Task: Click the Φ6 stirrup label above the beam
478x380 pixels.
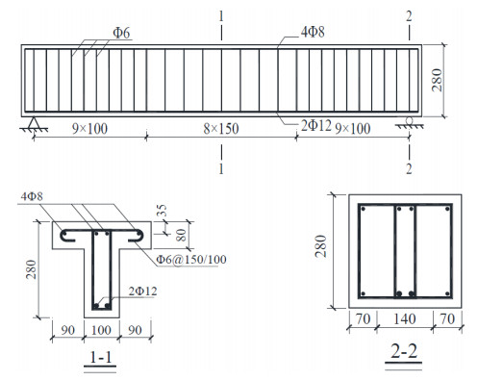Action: [x=121, y=33]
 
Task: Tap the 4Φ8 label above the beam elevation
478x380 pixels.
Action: [x=313, y=32]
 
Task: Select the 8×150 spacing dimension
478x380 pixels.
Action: [x=221, y=129]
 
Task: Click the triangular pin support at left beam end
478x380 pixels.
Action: [x=33, y=123]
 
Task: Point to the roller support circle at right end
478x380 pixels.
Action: [x=410, y=120]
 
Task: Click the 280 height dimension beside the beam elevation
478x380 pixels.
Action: [x=437, y=80]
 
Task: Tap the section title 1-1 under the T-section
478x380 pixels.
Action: [x=101, y=358]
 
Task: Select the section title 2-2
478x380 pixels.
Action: [x=404, y=352]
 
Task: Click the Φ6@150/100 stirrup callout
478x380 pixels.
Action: [x=191, y=259]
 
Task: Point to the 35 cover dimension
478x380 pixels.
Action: [x=164, y=211]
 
